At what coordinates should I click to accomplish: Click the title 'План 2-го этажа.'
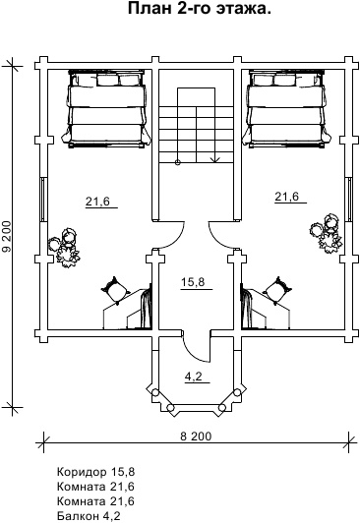coord(200,8)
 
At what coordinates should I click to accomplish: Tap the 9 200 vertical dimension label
coord(7,237)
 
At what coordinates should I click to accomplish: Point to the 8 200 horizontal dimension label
coord(196,436)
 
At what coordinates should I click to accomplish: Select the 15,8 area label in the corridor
coord(193,282)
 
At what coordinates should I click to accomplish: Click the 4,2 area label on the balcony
coord(194,377)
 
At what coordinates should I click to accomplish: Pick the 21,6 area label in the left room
coord(97,202)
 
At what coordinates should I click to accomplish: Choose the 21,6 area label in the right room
coord(286,197)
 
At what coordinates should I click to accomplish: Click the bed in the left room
coord(106,108)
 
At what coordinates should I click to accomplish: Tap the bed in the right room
coord(287,108)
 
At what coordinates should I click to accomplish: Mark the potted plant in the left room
coord(65,248)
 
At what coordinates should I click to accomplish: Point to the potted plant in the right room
coord(326,234)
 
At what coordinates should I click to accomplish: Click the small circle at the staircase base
coord(177,162)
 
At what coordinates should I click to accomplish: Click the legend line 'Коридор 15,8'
coord(95,472)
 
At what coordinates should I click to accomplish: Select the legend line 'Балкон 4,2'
coord(89,516)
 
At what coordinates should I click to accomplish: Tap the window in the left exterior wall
coord(43,200)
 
